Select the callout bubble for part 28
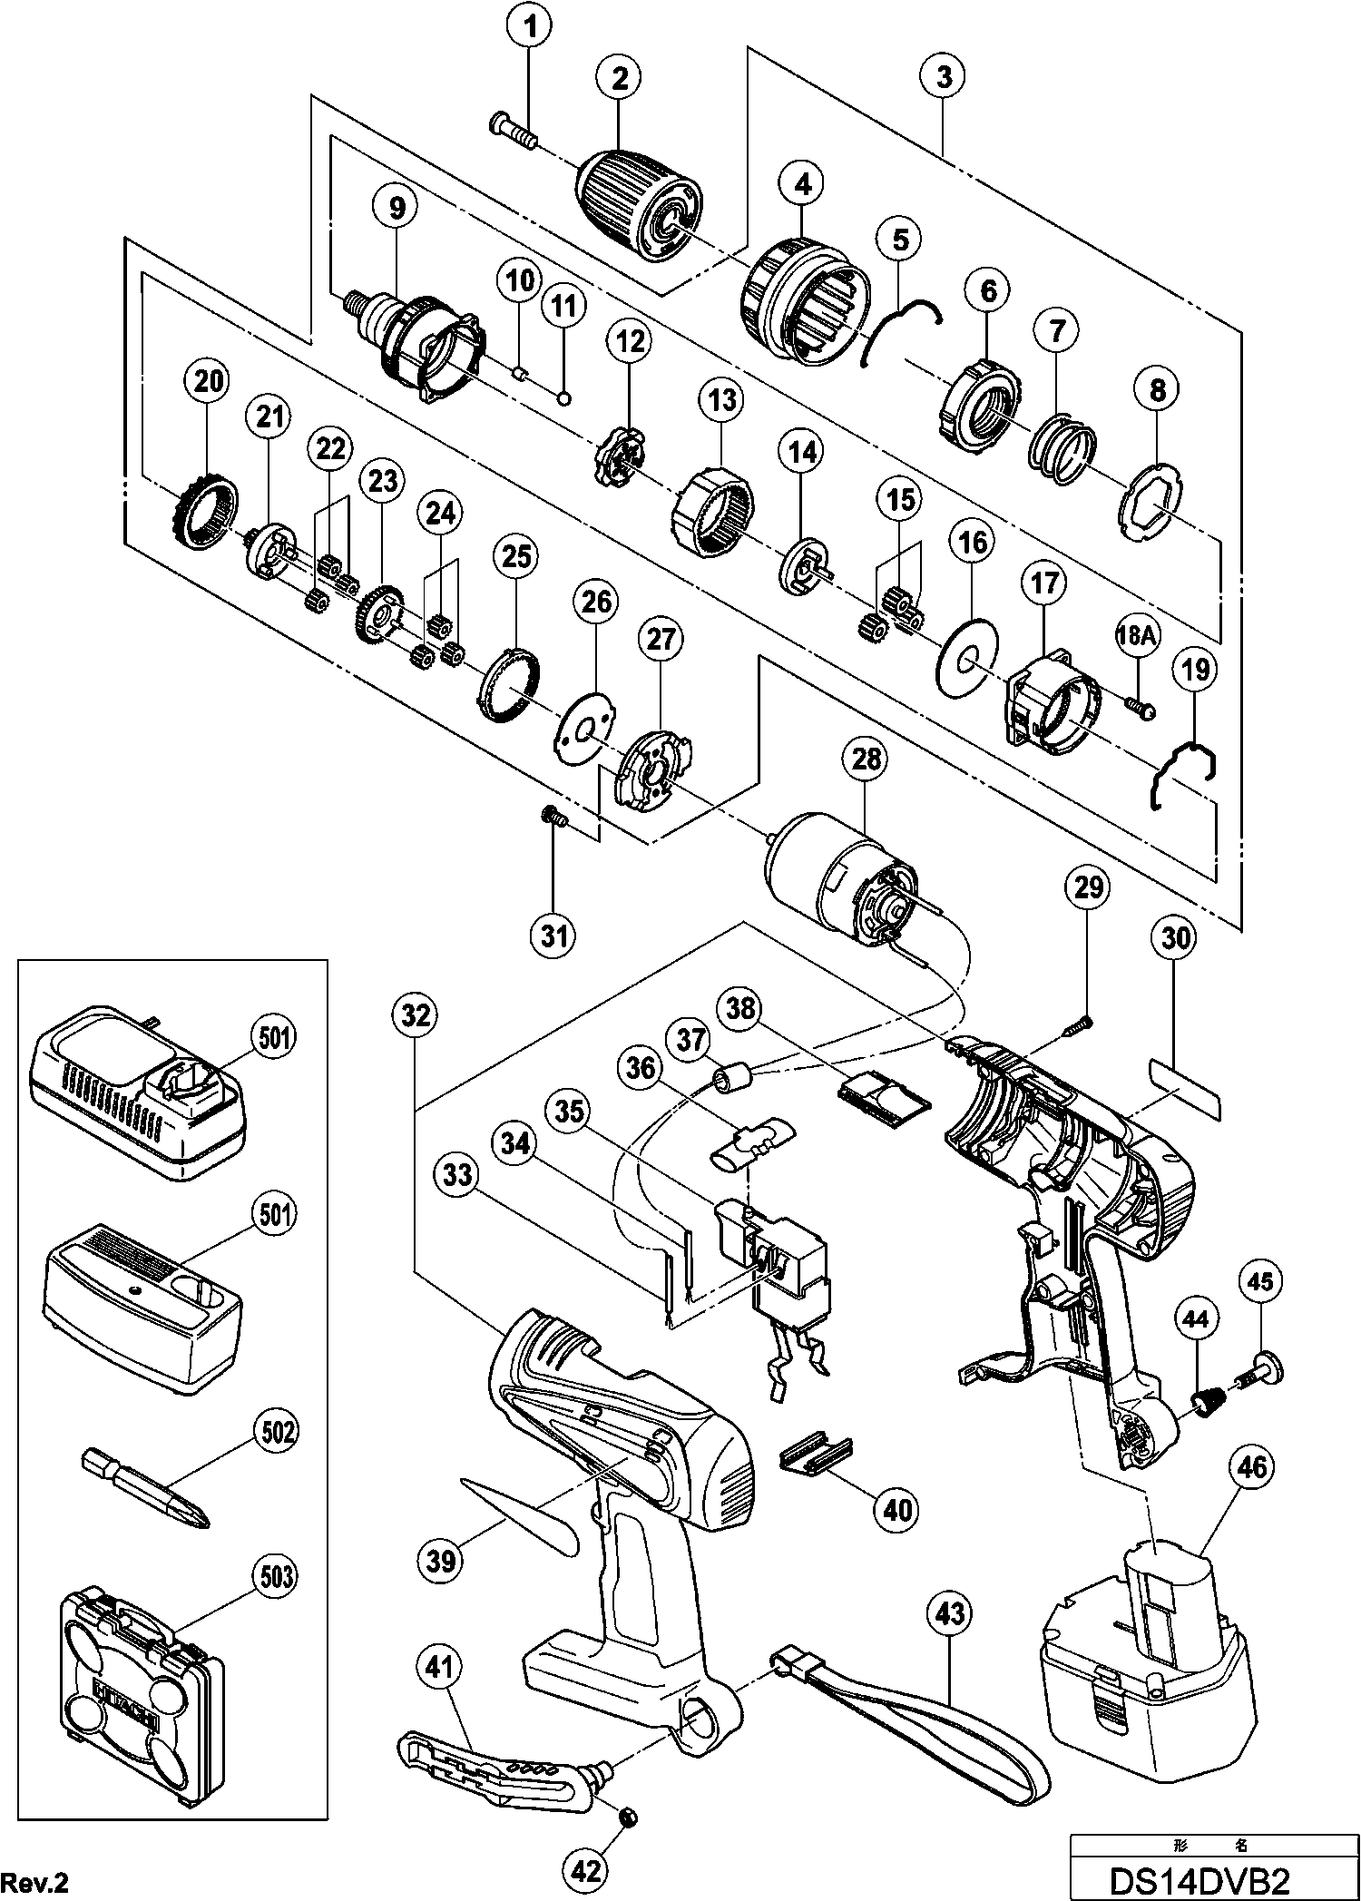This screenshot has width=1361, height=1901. (866, 759)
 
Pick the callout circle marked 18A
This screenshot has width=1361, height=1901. (1137, 636)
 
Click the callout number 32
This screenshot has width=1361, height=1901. (414, 1015)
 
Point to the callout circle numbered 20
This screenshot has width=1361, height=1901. (208, 382)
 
